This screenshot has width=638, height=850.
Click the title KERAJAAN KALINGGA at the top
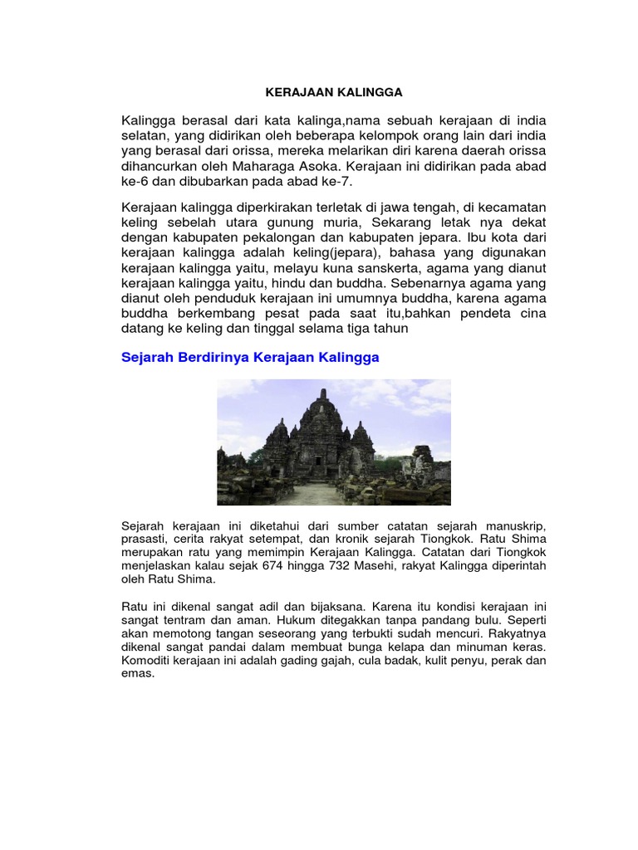click(321, 92)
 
